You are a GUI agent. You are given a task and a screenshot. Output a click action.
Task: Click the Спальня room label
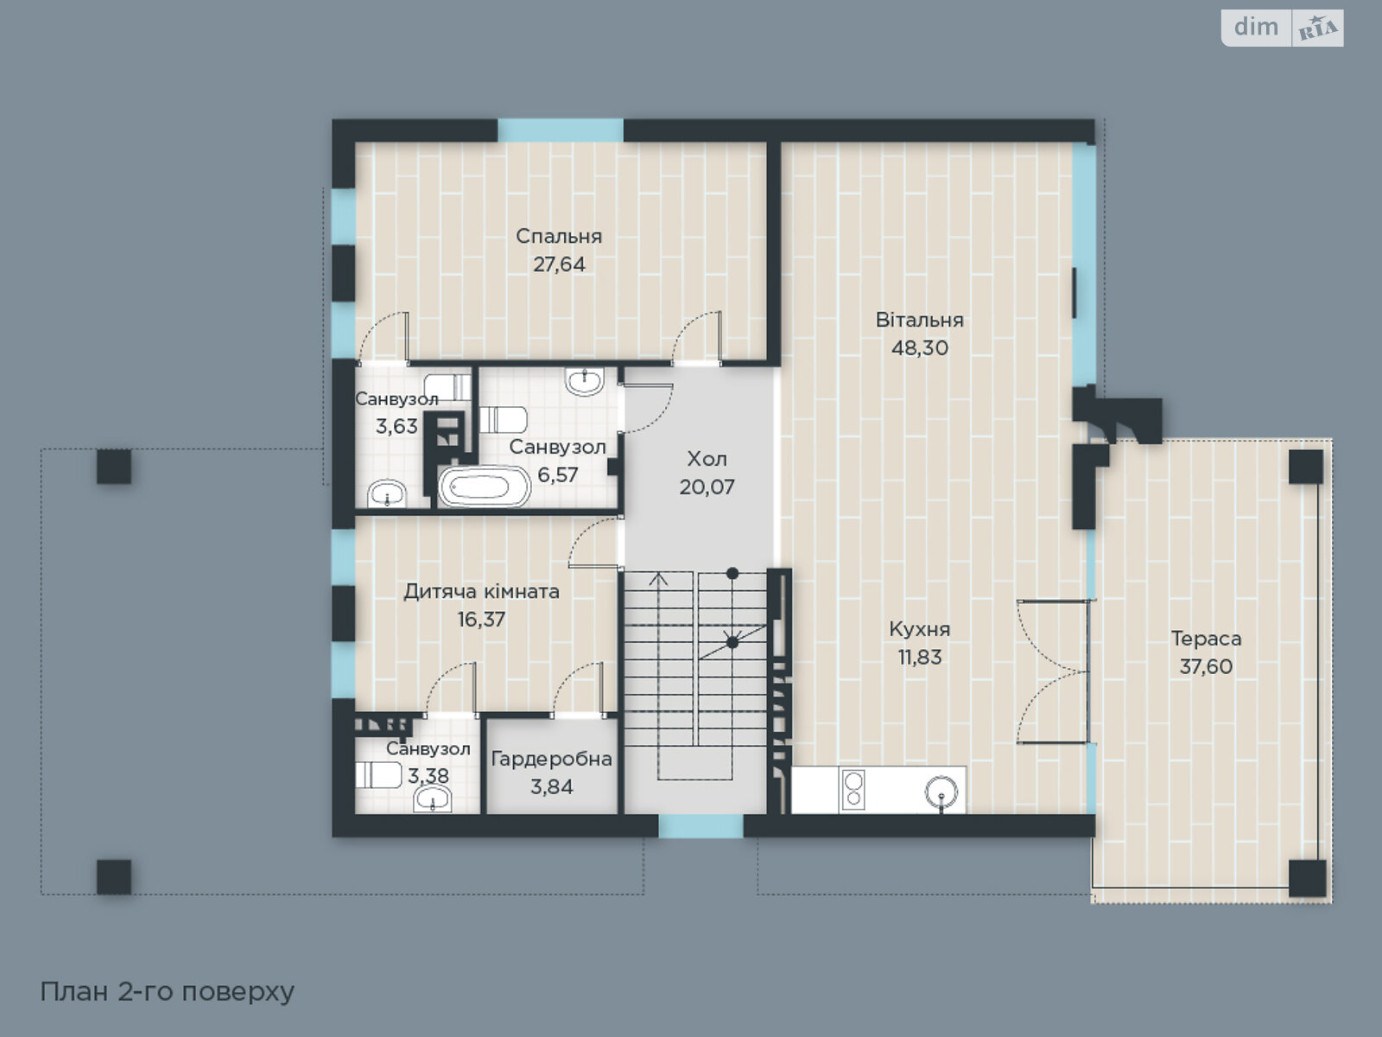click(559, 236)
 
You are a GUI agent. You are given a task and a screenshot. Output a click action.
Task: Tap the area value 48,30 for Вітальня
click(919, 347)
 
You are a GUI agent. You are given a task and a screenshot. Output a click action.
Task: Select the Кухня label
click(919, 629)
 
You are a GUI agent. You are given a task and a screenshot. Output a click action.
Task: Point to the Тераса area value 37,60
click(1206, 666)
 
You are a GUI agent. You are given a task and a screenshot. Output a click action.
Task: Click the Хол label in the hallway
click(707, 459)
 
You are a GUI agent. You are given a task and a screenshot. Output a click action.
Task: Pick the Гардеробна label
click(552, 760)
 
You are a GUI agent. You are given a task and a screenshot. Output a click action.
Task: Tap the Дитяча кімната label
click(481, 592)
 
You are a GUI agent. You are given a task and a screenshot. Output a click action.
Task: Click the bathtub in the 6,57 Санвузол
click(485, 486)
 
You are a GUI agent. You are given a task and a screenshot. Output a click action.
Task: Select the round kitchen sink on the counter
click(941, 792)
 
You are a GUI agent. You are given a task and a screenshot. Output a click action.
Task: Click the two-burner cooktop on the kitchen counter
click(853, 790)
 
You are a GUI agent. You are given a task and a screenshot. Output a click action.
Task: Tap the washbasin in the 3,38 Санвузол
click(432, 799)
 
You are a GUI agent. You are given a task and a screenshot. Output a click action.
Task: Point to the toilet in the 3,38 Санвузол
click(378, 775)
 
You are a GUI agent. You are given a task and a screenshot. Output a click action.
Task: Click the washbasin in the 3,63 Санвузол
click(387, 493)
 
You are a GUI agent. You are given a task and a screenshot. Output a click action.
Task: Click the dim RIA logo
click(1283, 28)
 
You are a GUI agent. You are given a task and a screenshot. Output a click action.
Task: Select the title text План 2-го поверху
click(167, 992)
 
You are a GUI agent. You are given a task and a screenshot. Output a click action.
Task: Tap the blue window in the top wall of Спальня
click(561, 130)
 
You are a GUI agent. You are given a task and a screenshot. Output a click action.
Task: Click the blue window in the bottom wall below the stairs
click(701, 826)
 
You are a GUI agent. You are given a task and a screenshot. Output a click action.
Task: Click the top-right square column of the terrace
click(1305, 467)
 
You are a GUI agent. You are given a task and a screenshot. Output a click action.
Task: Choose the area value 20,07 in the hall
click(707, 487)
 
